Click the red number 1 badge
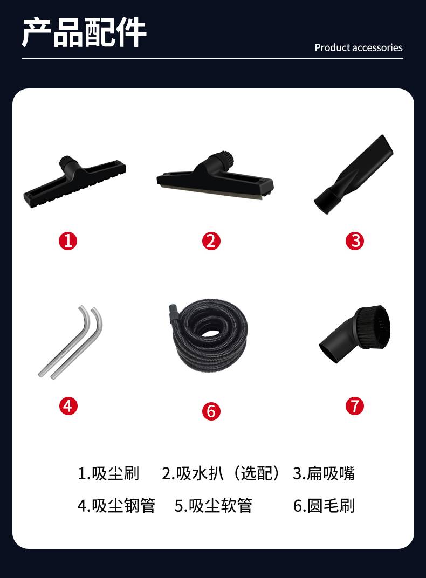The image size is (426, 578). coord(68,241)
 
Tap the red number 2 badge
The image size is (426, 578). coord(211,241)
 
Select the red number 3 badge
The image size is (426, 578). coord(354,241)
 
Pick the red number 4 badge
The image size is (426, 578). coord(68,406)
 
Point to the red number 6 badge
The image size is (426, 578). coord(211,411)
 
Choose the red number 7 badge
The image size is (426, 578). coord(354,406)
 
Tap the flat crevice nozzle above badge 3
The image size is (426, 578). coord(354,174)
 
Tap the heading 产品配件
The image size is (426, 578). coord(84,32)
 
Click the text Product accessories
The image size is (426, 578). coord(359,47)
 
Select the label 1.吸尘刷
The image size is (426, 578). coord(108,473)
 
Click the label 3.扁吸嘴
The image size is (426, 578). coord(324,473)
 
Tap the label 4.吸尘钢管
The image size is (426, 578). coord(116,506)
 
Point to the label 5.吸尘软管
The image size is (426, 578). coord(214,506)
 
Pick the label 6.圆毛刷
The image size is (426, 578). coord(324,506)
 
